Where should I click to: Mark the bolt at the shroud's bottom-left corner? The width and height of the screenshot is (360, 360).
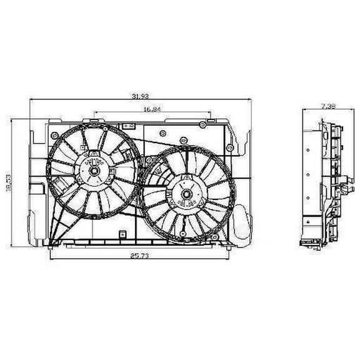point(52,243)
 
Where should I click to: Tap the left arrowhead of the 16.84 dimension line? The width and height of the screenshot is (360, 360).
point(95,114)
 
